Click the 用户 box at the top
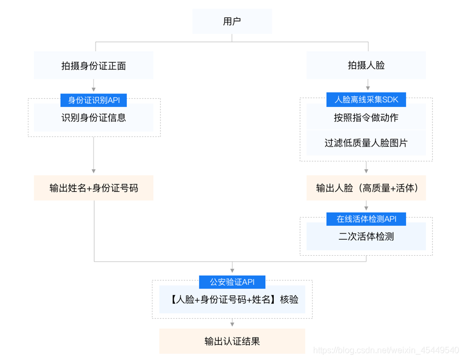(x=232, y=21)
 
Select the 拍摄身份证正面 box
(x=93, y=66)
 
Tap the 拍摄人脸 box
(x=366, y=66)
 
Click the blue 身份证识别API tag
(x=93, y=100)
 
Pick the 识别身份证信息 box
(x=93, y=118)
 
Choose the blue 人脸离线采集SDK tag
(x=366, y=99)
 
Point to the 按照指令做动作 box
(x=366, y=118)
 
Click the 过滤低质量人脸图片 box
(x=366, y=143)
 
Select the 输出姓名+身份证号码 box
(x=93, y=188)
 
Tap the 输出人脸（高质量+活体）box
(x=366, y=188)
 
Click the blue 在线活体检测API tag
(x=366, y=219)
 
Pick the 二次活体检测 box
(x=366, y=236)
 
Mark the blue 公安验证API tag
(x=232, y=282)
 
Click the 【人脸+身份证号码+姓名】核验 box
(x=232, y=300)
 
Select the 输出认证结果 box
(x=232, y=341)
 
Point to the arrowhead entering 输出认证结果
(x=232, y=325)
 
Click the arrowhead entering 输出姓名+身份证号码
(x=94, y=171)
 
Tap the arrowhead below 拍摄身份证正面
(x=94, y=89)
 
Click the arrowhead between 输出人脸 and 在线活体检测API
(x=366, y=208)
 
